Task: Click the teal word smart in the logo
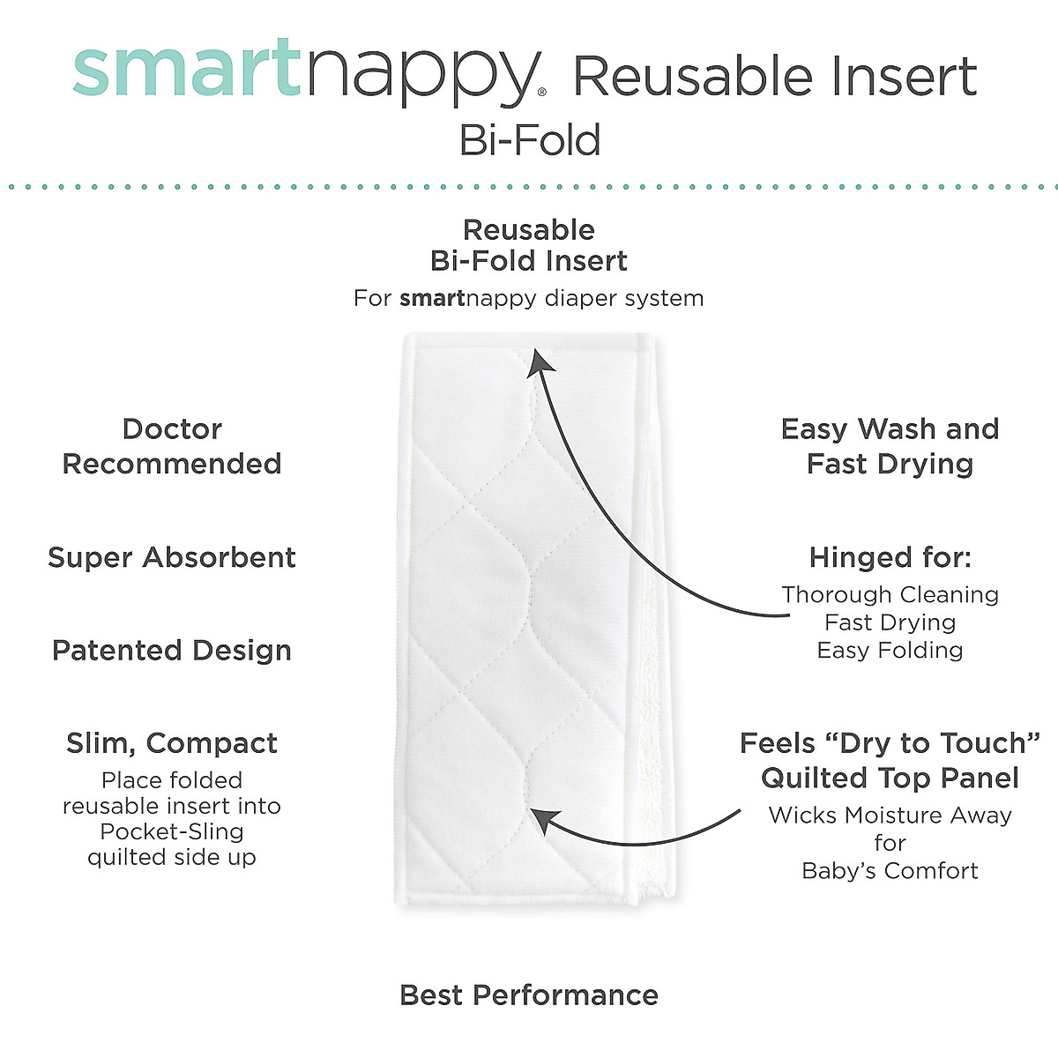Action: (187, 69)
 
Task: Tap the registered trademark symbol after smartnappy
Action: (541, 91)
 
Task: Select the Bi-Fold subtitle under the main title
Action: (530, 140)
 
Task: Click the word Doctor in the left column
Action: (172, 429)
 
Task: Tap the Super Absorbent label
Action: (172, 557)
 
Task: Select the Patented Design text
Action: (172, 651)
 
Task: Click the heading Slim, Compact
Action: (172, 743)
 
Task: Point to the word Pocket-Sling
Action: (172, 831)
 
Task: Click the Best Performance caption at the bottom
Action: (529, 995)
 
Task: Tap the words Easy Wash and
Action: (890, 429)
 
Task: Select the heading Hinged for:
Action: (890, 557)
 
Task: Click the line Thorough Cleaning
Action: (890, 595)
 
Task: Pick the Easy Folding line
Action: (890, 651)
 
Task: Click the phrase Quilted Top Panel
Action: (890, 779)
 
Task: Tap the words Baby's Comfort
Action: (890, 871)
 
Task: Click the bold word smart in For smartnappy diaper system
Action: (432, 298)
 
